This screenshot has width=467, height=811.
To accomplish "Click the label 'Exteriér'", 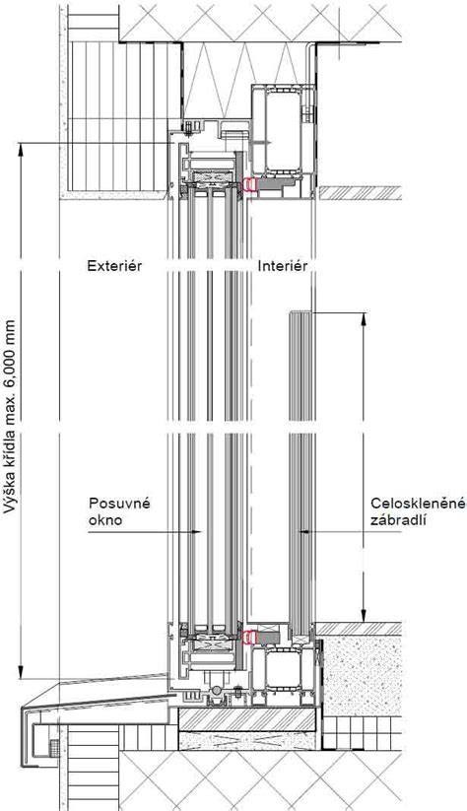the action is coord(114,266).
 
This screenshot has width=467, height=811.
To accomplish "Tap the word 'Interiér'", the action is coord(283,266).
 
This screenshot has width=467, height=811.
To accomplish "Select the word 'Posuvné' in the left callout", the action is coord(119,504).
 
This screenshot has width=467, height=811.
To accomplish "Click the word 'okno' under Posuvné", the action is coord(105,520).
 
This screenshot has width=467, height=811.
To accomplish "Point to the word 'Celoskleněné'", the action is coord(419,504).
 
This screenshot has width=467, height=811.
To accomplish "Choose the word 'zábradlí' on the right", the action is coord(397,520).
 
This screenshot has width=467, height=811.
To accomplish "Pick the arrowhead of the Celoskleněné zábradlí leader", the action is coord(305,531).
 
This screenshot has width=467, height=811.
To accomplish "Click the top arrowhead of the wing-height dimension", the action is coord(21,149).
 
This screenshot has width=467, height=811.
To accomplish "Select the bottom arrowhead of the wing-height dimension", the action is coord(21,672).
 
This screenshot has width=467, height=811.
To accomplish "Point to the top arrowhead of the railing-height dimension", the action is coord(364,318).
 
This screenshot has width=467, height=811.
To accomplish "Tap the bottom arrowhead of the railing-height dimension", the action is coord(364,616).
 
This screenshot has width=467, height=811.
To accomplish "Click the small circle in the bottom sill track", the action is coord(216,691).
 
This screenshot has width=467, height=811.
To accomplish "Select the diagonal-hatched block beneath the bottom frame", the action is coord(246,719).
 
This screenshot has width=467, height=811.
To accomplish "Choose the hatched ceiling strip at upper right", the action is coord(360,192).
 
